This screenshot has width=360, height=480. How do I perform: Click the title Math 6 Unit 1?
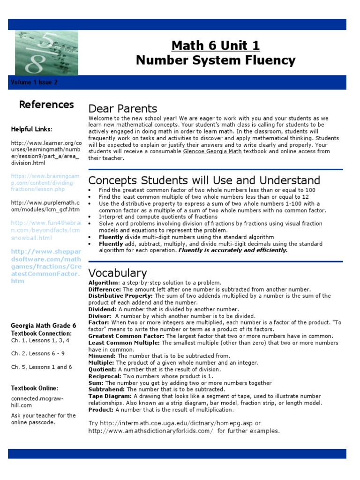pos(215,45)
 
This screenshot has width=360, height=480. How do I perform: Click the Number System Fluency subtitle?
pos(215,60)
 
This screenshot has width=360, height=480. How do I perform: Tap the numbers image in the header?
pos(46,52)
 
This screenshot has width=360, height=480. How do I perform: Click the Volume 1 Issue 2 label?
pos(34,82)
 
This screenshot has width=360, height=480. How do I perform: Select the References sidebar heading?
pos(46,105)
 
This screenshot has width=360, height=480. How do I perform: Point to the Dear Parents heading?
pos(123,109)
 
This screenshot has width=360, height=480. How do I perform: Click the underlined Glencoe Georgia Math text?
pos(212,151)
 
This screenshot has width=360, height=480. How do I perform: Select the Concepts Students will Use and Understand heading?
pos(204,180)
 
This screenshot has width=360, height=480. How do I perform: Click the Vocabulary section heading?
pos(118,273)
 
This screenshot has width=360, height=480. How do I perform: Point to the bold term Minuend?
pos(102,356)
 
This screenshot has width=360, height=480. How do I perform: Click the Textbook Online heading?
pos(35,388)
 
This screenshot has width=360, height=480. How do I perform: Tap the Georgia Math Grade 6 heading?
pos(44,326)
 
